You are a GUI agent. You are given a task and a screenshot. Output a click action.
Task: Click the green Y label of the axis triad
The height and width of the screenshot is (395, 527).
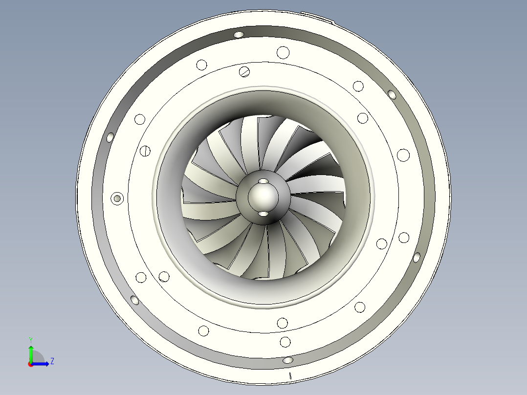click(x=30, y=339)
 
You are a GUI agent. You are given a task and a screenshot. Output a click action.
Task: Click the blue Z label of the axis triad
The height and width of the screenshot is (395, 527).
click(x=52, y=361)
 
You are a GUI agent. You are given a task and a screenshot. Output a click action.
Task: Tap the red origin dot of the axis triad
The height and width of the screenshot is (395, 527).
click(x=30, y=364)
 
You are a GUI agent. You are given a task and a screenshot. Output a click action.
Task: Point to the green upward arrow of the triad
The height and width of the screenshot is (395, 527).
click(x=30, y=352)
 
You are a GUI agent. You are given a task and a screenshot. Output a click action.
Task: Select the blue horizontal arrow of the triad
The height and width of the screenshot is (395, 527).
click(x=41, y=364)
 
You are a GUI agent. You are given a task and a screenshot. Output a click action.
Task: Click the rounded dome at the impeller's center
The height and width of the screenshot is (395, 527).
click(x=263, y=197)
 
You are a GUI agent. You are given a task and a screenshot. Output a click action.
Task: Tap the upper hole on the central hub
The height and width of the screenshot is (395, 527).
click(x=263, y=181)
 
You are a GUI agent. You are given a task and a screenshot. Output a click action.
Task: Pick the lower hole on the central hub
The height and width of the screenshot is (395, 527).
click(x=263, y=214)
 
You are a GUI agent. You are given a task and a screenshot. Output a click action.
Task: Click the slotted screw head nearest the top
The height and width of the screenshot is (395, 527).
click(x=245, y=71)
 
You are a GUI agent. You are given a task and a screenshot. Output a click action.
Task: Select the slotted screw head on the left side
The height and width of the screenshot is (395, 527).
click(x=145, y=151)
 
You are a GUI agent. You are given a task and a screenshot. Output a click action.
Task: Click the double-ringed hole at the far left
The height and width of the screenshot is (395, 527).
click(x=117, y=198)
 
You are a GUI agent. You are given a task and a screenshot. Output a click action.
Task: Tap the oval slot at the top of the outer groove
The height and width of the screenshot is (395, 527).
click(x=239, y=34)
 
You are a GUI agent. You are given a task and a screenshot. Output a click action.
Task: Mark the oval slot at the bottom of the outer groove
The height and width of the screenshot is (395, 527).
click(x=288, y=360)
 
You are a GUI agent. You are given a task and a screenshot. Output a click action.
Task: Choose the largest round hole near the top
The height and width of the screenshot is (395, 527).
click(x=283, y=52)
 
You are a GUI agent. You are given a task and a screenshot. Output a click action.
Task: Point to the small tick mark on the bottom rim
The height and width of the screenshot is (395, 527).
click(x=290, y=375)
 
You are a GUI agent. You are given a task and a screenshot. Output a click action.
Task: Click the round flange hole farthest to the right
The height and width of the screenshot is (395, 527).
click(x=403, y=238)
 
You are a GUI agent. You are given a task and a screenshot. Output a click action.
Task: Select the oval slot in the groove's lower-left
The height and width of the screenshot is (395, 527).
click(x=134, y=300)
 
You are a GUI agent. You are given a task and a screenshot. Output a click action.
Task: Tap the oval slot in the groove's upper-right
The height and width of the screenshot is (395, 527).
click(x=392, y=94)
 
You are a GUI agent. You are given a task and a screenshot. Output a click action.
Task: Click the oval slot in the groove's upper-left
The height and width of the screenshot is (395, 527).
click(x=110, y=136)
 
